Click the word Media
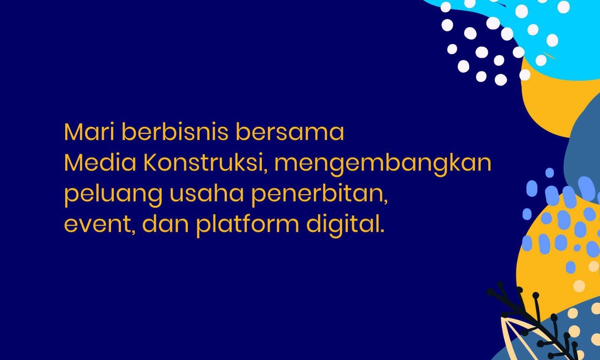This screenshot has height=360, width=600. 100,162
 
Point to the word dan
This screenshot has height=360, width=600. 166,223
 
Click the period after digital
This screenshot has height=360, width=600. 382,230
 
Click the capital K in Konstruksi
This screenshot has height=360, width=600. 150,162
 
